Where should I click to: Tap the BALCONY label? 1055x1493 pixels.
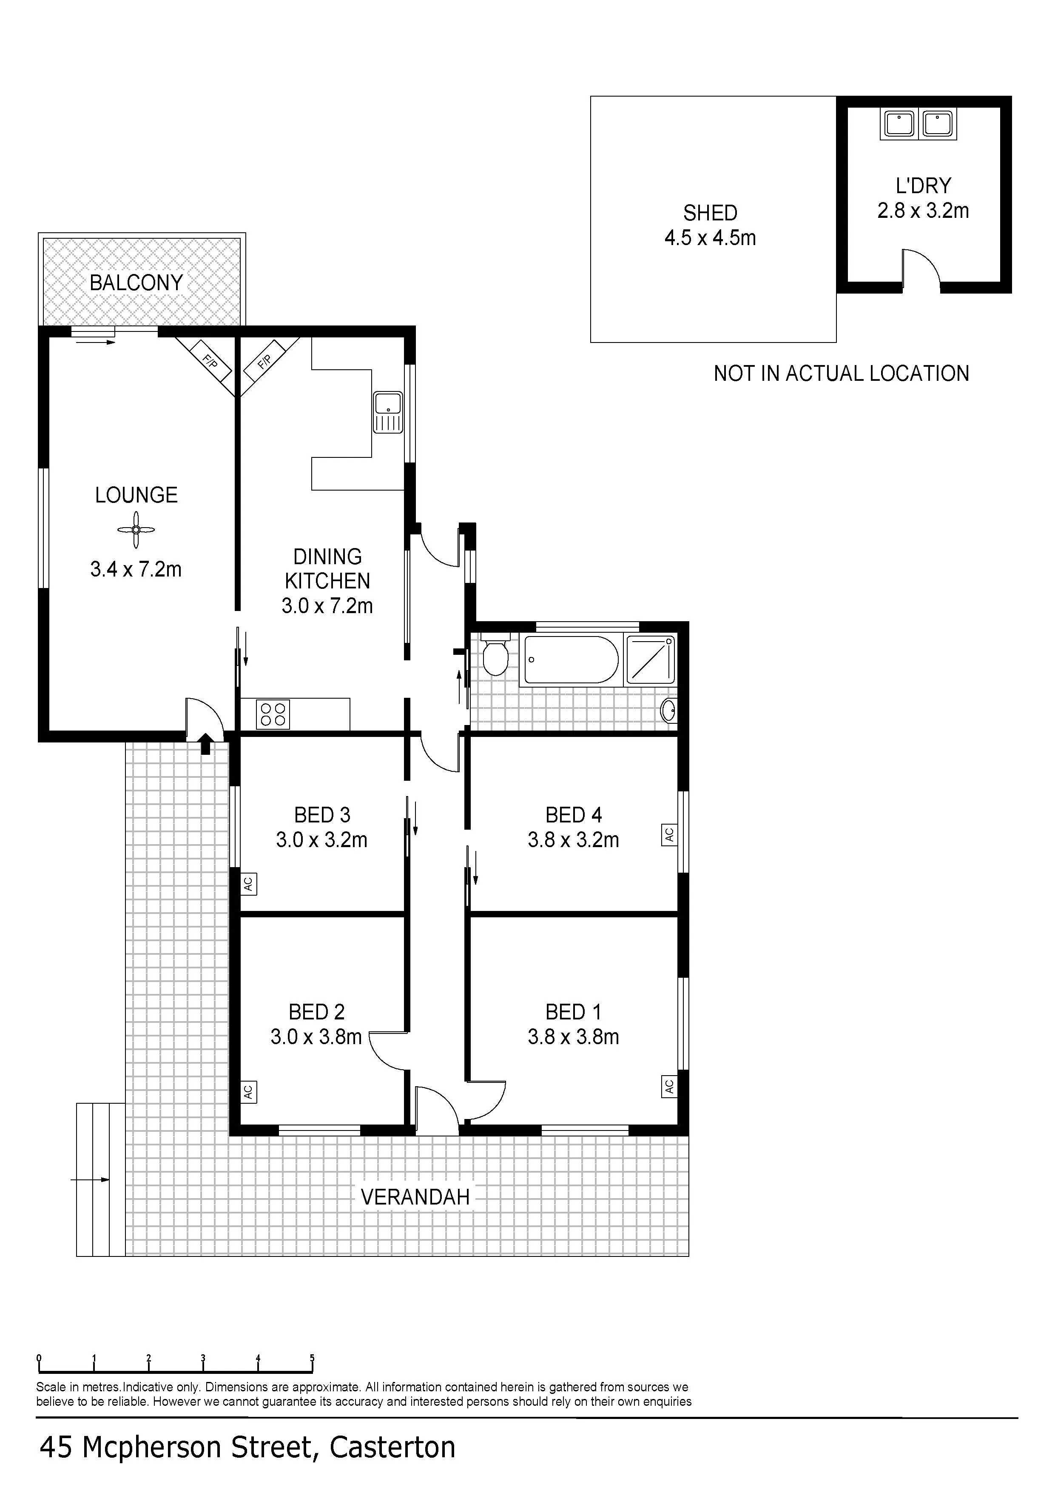point(136,283)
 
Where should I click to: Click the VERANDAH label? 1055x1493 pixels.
point(415,1197)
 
